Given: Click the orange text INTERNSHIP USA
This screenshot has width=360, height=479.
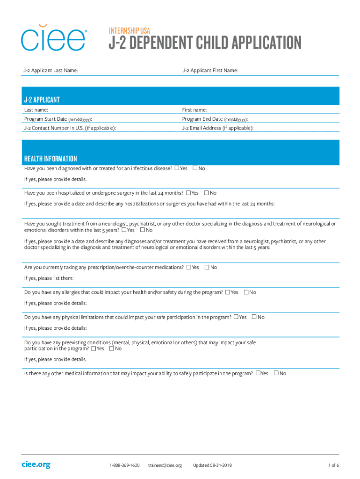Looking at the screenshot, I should pos(130,31).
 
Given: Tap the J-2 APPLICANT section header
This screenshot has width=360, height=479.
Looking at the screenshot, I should pos(42,100).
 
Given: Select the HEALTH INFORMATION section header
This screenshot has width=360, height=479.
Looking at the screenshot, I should pos(50,159).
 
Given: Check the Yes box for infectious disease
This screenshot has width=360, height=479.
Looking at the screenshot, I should pos(177,168).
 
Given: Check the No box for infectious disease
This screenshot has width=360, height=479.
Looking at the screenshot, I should pos(195,168).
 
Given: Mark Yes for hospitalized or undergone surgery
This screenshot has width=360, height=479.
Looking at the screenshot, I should pos(188,193).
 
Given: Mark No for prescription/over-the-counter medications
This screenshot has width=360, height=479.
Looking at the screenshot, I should pos(207,268).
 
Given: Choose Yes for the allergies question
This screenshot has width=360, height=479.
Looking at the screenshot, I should pos(228,292).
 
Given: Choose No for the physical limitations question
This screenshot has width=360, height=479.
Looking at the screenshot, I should pos(254,317).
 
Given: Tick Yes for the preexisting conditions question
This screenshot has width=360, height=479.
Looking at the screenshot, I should pos(94,348).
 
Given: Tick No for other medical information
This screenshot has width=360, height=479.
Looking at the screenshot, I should pos(276,373).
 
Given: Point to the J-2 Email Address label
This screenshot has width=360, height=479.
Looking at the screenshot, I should pos(218,128).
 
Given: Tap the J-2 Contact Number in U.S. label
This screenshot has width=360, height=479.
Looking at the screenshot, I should pos(70,128).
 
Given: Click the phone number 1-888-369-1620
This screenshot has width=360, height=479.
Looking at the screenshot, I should pos(124,465).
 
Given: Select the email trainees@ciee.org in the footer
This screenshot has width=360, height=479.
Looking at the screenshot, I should pos(165,465).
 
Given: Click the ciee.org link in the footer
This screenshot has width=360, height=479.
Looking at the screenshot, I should pos(36,464).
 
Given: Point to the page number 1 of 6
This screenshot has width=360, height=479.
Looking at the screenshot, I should pos(333,465).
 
